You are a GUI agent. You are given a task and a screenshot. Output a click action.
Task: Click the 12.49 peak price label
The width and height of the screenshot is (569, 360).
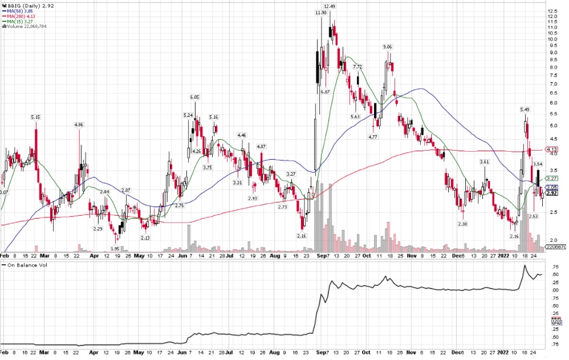click(x=329, y=6)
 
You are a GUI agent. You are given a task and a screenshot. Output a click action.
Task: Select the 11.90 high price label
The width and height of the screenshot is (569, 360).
click(x=321, y=12)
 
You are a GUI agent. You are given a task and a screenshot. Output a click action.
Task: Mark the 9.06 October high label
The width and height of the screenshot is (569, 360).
click(x=388, y=47)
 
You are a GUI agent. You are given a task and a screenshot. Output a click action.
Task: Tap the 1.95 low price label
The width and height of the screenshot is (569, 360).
click(x=115, y=249)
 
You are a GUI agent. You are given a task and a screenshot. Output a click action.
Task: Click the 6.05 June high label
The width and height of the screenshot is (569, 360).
click(x=194, y=97)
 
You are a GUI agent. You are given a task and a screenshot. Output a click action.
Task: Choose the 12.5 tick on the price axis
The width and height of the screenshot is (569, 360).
click(x=552, y=11)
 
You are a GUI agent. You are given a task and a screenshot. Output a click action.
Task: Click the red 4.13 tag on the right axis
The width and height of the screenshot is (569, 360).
click(x=551, y=149)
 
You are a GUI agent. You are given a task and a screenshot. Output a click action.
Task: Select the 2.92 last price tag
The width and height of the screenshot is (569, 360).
click(x=551, y=193)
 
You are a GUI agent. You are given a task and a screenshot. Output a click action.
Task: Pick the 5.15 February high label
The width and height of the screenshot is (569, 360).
click(x=35, y=117)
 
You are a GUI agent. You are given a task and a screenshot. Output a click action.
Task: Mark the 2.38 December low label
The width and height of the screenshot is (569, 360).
click(x=462, y=224)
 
